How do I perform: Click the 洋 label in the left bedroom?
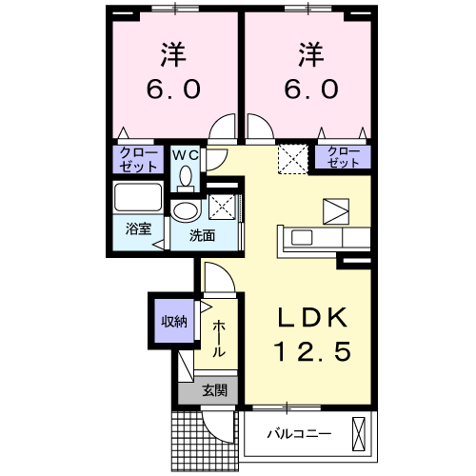click(x=172, y=55)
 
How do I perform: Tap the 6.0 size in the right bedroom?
click(x=307, y=90)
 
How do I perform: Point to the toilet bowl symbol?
click(x=185, y=177)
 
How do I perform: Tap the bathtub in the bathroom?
click(x=138, y=200)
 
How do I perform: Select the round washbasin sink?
click(x=186, y=211)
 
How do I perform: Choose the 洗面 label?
click(x=200, y=235)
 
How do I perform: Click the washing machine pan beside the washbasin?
click(x=222, y=205)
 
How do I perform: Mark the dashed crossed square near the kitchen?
click(x=289, y=158)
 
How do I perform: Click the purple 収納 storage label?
click(x=172, y=320)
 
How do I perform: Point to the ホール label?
click(x=219, y=339)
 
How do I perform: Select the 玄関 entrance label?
click(x=213, y=389)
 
